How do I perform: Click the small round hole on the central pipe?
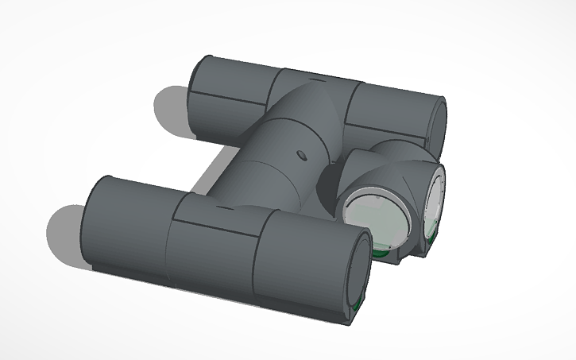tap(301, 153)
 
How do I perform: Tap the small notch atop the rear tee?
tap(317, 80)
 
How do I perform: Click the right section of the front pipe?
tap(306, 262)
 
